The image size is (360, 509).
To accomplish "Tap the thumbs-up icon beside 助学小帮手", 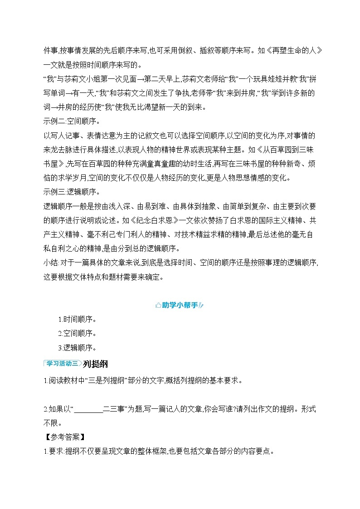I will (158, 305).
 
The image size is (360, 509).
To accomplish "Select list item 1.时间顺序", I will (77, 320).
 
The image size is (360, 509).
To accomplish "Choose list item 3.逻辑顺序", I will (77, 348).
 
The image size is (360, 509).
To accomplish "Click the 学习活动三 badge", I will (62, 363).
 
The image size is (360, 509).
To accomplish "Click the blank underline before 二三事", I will (88, 409).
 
